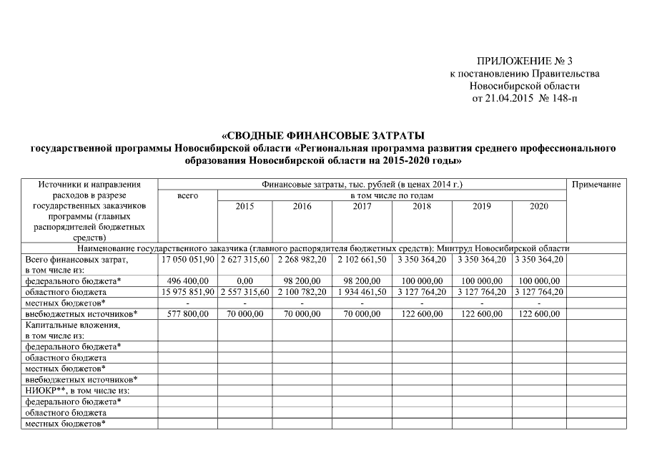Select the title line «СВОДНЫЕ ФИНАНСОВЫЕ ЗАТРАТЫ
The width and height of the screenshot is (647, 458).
(323, 135)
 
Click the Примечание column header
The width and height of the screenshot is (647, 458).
(596, 185)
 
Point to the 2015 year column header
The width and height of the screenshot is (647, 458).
(245, 207)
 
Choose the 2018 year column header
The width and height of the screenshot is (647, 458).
(422, 207)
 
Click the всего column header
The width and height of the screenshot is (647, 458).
(187, 195)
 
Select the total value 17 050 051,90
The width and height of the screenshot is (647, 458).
(187, 259)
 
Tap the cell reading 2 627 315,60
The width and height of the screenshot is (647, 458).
(245, 259)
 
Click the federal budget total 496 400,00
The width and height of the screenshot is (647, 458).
(187, 281)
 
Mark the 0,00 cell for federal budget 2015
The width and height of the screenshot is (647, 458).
(245, 281)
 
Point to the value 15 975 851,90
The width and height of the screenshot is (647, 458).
(187, 292)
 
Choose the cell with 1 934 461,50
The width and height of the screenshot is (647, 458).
(362, 292)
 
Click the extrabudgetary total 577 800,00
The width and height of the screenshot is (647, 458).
(187, 313)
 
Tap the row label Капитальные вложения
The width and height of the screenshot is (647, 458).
(72, 325)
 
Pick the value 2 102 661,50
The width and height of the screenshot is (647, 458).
(362, 259)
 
